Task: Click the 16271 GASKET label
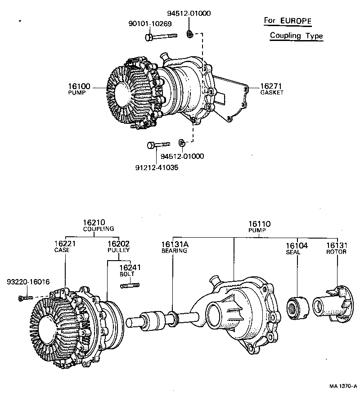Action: point(272,88)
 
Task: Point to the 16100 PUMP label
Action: point(79,88)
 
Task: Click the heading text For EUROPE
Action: point(287,21)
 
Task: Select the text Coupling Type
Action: point(296,36)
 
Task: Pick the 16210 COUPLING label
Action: point(98,225)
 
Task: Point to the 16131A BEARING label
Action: point(174,247)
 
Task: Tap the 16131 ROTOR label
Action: point(336,248)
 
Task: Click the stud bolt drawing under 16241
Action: point(130,284)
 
